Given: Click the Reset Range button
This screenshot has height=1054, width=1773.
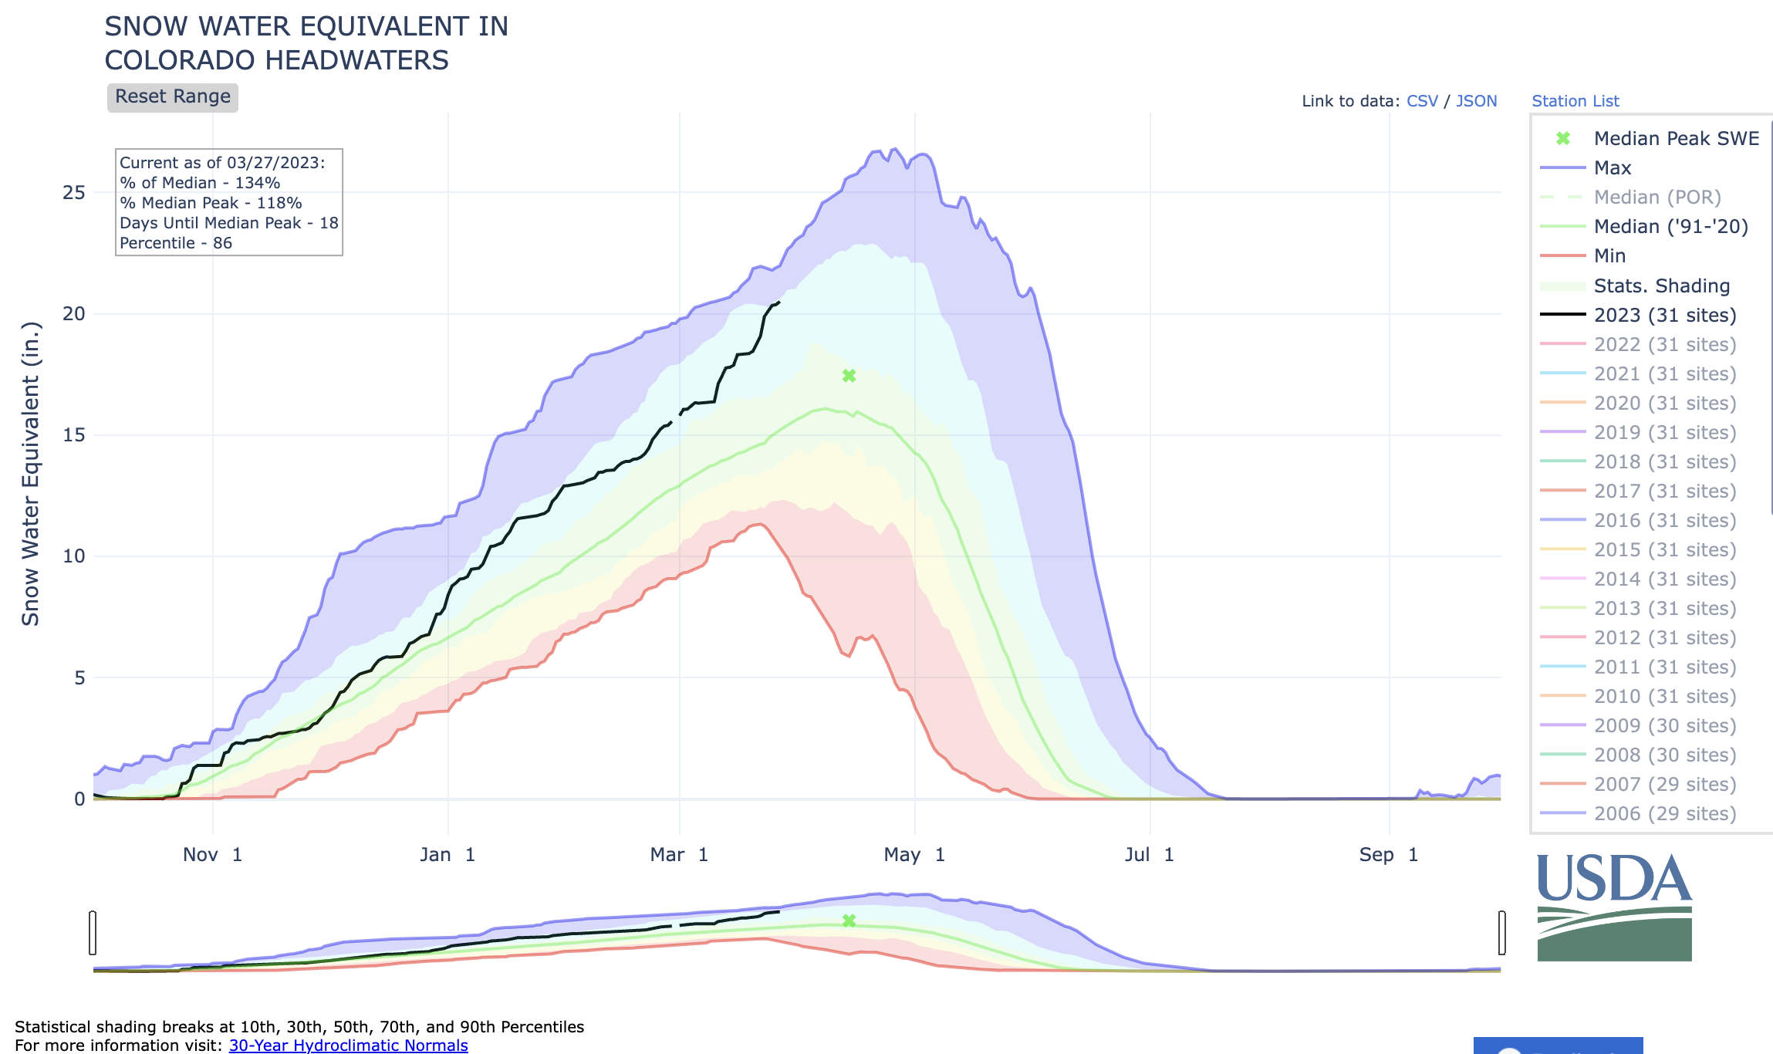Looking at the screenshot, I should [172, 97].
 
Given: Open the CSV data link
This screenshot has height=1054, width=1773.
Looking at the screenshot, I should [1422, 101].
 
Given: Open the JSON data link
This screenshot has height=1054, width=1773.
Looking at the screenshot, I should [1476, 101].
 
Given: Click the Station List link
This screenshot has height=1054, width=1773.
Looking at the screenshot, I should [1575, 101].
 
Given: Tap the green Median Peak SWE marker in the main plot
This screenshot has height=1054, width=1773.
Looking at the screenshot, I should [849, 376].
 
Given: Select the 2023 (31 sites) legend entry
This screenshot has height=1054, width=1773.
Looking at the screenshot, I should [1664, 316].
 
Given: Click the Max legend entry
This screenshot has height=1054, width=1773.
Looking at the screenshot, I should [1612, 168].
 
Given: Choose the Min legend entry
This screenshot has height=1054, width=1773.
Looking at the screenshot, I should [1609, 256].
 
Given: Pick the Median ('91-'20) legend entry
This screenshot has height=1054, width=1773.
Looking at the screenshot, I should [1670, 227].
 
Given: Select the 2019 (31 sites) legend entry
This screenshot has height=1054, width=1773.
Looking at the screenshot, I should [1664, 433].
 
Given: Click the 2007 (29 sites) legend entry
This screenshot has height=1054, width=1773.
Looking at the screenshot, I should [1664, 785].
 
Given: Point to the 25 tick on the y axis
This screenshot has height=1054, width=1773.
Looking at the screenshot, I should [74, 193].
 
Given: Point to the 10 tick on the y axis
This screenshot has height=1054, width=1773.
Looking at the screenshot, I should [74, 556].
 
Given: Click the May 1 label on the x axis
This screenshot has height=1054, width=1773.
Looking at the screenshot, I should [914, 855].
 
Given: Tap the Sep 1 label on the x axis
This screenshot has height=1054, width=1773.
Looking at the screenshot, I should [1389, 855].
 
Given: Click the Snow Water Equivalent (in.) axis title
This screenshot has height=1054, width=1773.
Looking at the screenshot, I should [30, 474].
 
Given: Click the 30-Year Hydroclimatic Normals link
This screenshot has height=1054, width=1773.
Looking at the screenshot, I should [348, 1045].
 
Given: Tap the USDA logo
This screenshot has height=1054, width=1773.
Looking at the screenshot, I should [1614, 907].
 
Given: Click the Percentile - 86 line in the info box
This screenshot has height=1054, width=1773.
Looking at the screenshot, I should [176, 243].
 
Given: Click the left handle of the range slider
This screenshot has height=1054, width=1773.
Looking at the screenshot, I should [93, 932].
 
